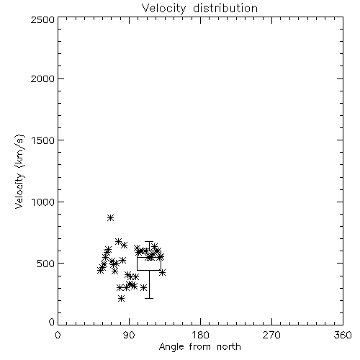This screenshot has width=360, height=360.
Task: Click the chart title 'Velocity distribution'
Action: [x=199, y=8]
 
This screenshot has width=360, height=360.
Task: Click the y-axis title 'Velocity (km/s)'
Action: [x=19, y=171]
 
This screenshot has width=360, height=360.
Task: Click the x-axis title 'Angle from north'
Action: [x=199, y=346]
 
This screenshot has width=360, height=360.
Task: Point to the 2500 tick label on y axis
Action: [x=42, y=19]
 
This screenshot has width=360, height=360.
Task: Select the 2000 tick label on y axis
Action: [x=42, y=78]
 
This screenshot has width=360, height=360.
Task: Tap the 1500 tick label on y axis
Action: [x=43, y=140]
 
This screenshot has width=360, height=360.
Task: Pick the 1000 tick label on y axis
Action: [x=43, y=202]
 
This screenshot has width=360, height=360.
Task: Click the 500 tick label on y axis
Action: [x=46, y=264]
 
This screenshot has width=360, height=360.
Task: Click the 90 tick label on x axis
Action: [x=129, y=335]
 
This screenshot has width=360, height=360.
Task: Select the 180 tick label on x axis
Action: [x=200, y=335]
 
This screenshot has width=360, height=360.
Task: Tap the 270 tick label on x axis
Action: [x=271, y=335]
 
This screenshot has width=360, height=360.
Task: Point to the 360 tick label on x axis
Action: [x=343, y=335]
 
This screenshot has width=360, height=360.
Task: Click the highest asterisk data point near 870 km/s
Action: [x=110, y=218]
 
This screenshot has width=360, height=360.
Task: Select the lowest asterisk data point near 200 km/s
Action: [x=121, y=299]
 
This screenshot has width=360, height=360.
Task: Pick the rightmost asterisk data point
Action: [x=162, y=273]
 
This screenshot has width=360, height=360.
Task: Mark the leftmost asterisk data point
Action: [x=101, y=270]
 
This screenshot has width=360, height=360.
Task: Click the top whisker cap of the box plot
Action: [x=149, y=242]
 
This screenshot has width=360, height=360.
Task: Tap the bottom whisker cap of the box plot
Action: [x=149, y=298]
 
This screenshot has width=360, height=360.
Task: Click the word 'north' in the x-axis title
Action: [x=229, y=346]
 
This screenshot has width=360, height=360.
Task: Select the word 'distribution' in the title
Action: [x=225, y=8]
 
